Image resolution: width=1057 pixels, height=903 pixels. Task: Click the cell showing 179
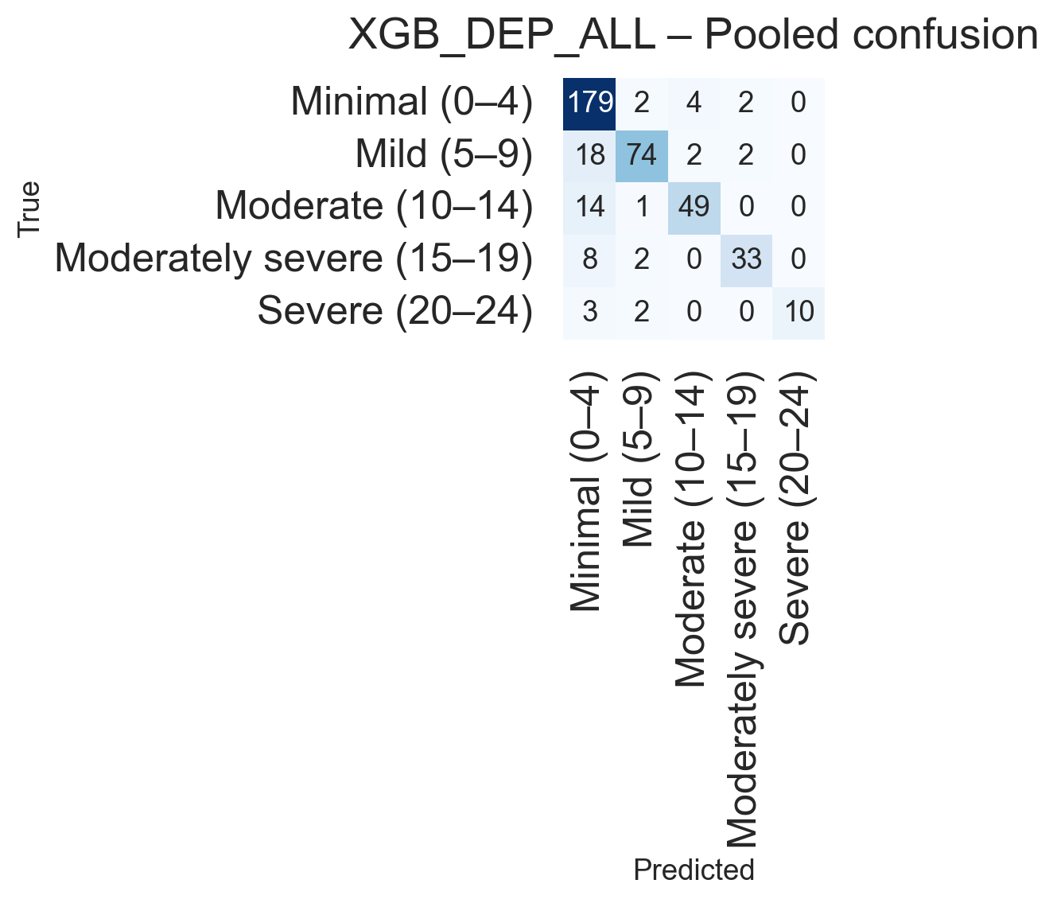589,103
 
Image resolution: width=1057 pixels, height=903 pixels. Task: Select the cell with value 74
642,154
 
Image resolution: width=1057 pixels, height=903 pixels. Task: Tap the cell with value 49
694,207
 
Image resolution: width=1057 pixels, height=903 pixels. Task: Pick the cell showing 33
746,259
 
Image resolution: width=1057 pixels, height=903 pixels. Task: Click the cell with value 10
799,311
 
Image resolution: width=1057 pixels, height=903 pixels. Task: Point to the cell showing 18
589,154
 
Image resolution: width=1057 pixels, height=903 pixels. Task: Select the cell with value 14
589,207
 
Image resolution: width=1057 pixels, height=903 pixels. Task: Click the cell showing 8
589,259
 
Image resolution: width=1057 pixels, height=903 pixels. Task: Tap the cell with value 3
589,311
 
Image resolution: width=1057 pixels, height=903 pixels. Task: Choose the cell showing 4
694,103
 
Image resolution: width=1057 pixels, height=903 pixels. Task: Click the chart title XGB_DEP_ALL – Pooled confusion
693,36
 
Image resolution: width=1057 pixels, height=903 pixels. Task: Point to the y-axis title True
29,208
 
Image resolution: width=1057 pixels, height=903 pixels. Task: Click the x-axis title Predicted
694,870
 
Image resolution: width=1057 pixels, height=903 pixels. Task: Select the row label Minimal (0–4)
411,103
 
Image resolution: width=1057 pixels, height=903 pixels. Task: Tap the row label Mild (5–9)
444,154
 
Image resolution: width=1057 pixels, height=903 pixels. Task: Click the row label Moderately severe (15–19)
293,259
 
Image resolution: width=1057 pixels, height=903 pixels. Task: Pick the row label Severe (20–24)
394,311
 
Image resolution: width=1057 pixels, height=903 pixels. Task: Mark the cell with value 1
642,207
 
